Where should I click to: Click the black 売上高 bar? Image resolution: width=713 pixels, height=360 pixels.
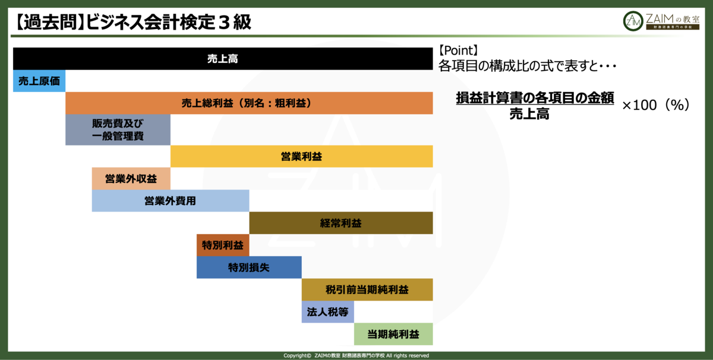coord(223,59)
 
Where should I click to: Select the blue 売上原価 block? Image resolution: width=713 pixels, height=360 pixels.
coord(39,81)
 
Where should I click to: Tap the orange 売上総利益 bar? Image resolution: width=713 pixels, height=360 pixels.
coord(249,103)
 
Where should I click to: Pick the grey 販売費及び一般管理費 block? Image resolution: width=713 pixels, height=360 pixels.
coord(118,130)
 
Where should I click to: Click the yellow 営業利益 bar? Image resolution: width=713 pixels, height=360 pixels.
coord(301,156)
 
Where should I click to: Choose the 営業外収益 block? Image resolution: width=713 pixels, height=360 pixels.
coord(131,179)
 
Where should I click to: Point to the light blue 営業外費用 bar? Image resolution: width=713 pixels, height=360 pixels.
coord(171,201)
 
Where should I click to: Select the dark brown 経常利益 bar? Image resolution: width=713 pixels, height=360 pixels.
coord(341,223)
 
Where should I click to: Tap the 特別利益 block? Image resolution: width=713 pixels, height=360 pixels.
coord(223,245)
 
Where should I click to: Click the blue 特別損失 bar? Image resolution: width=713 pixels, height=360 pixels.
coord(249,267)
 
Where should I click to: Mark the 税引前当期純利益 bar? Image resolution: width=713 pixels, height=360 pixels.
coord(367,290)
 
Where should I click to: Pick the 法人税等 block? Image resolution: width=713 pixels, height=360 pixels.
coord(328,312)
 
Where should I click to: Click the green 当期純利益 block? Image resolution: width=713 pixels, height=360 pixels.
coord(393,334)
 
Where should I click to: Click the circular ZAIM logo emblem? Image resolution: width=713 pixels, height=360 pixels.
coord(633,21)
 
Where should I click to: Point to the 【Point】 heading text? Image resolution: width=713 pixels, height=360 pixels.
coord(458,50)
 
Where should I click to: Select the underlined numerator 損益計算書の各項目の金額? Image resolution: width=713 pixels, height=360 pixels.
coord(535,97)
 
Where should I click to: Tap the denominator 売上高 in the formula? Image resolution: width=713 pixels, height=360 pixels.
coord(529,113)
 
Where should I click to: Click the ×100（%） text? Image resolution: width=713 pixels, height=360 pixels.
coord(656,105)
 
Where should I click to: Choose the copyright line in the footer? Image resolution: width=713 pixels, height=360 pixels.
coord(356,355)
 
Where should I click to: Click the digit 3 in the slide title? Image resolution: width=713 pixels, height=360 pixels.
coord(224,23)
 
